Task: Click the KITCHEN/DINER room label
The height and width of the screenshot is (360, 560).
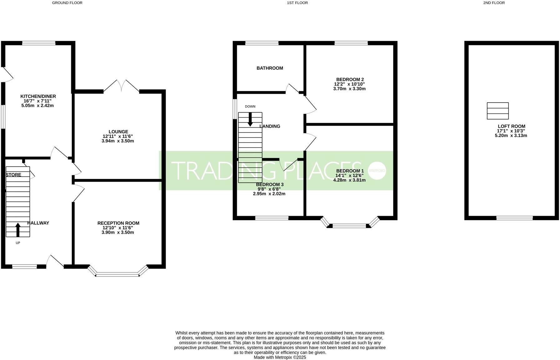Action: point(38,96)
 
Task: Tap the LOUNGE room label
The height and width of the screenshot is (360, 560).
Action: point(118,132)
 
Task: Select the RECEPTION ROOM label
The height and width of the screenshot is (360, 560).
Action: point(118,223)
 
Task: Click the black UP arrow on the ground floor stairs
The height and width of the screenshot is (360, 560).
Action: point(18,229)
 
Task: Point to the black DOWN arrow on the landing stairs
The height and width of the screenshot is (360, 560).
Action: point(250,119)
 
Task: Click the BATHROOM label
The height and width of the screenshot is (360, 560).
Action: point(270,68)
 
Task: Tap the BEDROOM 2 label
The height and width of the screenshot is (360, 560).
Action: point(350,79)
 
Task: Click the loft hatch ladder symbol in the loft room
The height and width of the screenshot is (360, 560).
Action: point(498,111)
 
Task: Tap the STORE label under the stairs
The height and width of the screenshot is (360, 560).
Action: point(14,175)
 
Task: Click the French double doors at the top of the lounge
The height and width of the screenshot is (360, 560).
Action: point(121,86)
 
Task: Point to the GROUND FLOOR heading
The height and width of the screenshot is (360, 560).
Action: point(67,3)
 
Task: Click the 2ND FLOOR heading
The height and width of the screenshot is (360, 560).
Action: point(494,3)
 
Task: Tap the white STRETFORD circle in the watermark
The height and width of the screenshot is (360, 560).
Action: point(377,171)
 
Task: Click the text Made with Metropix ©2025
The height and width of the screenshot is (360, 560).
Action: point(280,357)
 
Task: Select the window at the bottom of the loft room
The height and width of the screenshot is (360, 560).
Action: point(514,218)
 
